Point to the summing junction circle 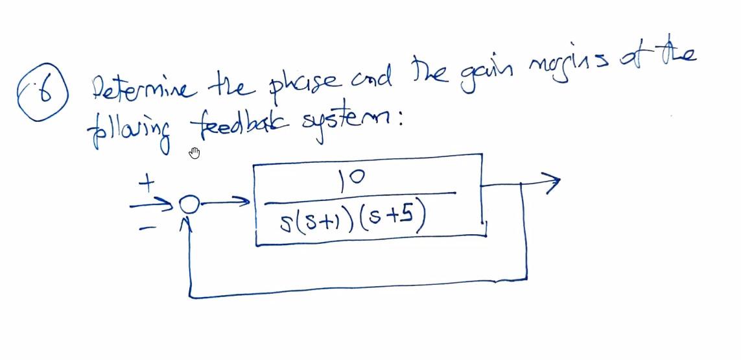(x=189, y=205)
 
